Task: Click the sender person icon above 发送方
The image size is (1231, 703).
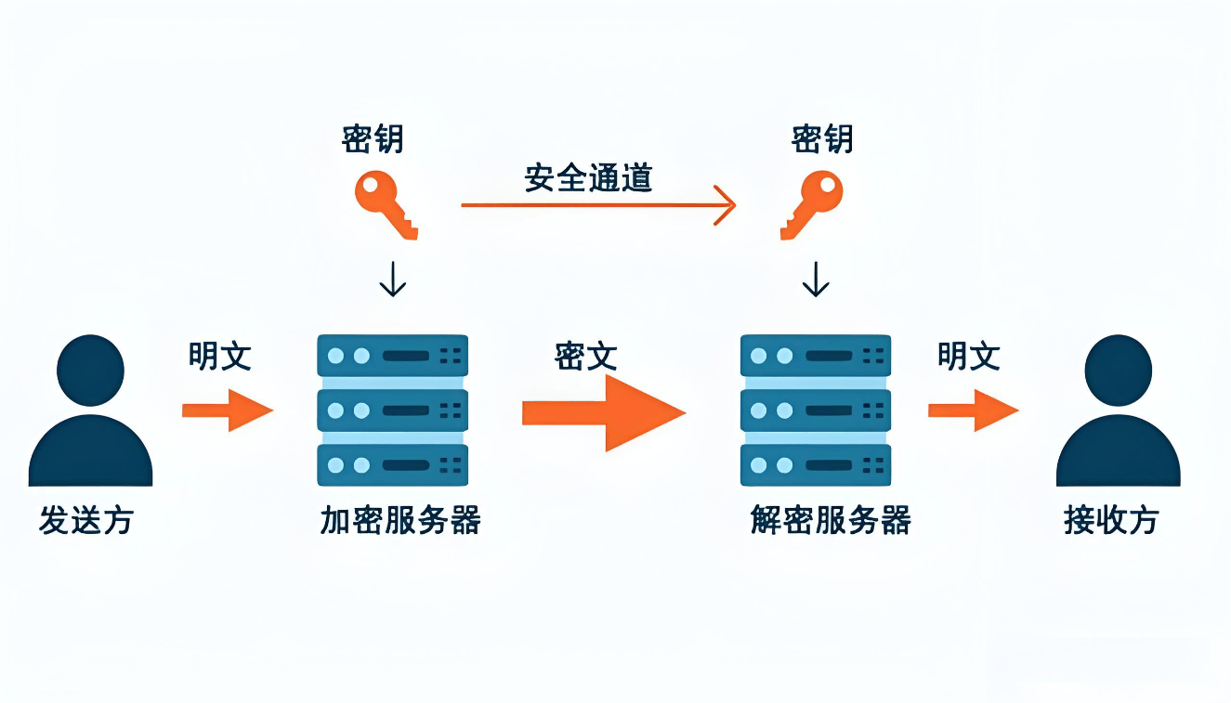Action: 90,413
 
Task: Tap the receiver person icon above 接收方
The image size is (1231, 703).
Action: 1119,413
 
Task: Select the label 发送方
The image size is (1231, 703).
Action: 86,520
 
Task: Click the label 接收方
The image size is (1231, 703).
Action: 1111,520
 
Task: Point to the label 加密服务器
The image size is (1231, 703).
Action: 400,520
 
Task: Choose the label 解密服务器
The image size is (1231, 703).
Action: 831,520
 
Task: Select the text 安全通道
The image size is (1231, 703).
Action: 588,177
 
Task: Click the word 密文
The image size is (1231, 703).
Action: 586,356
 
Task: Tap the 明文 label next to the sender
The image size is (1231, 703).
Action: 220,356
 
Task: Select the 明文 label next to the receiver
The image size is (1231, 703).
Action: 969,356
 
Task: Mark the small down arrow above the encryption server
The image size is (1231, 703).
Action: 393,279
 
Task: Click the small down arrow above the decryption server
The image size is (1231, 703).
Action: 816,279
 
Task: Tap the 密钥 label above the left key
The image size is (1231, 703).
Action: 373,139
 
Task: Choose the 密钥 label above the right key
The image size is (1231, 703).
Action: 822,139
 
